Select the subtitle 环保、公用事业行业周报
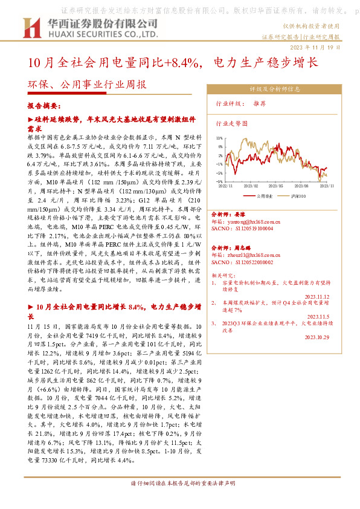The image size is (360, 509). [87, 85]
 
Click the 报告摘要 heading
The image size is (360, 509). [43, 105]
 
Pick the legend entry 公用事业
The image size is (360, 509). [261, 196]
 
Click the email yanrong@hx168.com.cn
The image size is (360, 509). [252, 221]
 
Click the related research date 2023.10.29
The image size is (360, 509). [317, 337]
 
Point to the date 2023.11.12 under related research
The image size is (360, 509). [317, 296]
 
